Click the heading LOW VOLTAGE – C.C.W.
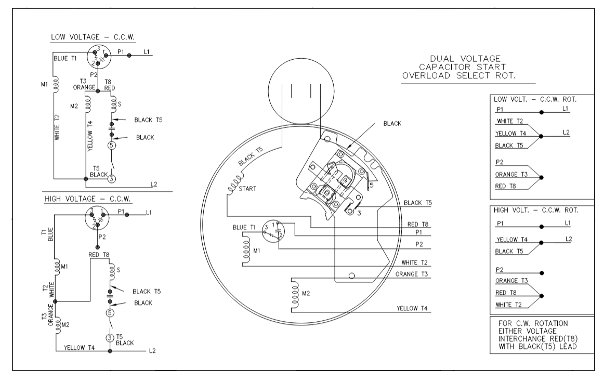(93, 37)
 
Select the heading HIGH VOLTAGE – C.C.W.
(88, 199)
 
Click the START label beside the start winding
(247, 189)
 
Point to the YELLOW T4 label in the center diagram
(412, 308)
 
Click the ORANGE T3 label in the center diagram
(411, 274)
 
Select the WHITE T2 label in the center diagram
(414, 262)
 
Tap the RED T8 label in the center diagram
(417, 224)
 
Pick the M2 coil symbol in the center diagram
(295, 295)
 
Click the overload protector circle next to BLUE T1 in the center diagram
(273, 232)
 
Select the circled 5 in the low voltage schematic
(111, 145)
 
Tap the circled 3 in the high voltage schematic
(110, 338)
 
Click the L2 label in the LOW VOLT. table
(566, 132)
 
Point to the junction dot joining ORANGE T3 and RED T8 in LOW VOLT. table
(541, 178)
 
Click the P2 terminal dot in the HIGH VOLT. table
(542, 273)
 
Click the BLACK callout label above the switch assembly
(392, 124)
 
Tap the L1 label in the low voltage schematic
(147, 52)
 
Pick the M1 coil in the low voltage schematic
(56, 84)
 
